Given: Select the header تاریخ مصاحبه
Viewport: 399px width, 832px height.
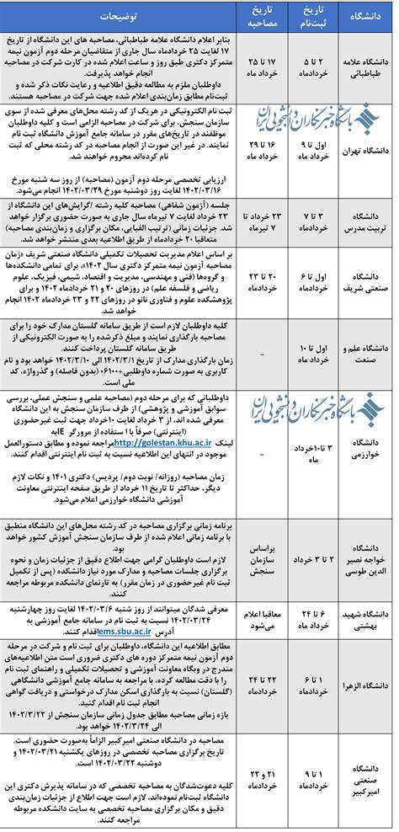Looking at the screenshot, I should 263,16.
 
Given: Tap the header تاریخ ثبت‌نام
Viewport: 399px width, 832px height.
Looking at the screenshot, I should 315,16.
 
